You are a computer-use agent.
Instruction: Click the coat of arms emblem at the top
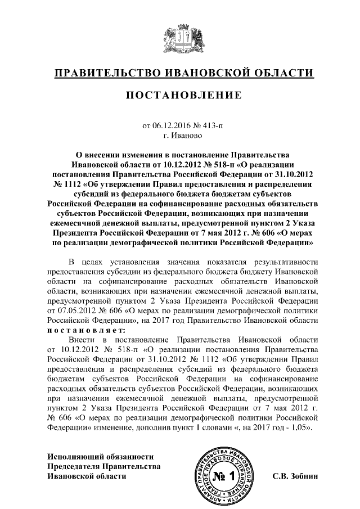(x=181, y=40)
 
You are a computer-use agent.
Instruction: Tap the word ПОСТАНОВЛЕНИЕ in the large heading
(x=183, y=96)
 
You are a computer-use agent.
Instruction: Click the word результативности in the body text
(x=286, y=262)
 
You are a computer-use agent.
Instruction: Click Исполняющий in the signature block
(x=75, y=456)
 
